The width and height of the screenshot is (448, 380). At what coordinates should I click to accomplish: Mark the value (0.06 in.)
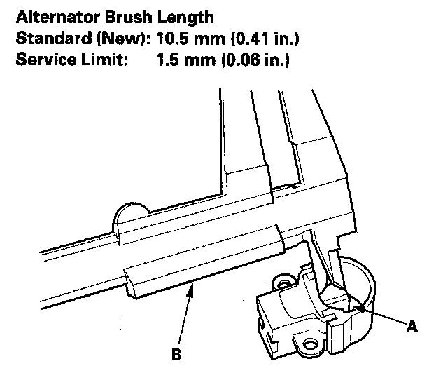(251, 60)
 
